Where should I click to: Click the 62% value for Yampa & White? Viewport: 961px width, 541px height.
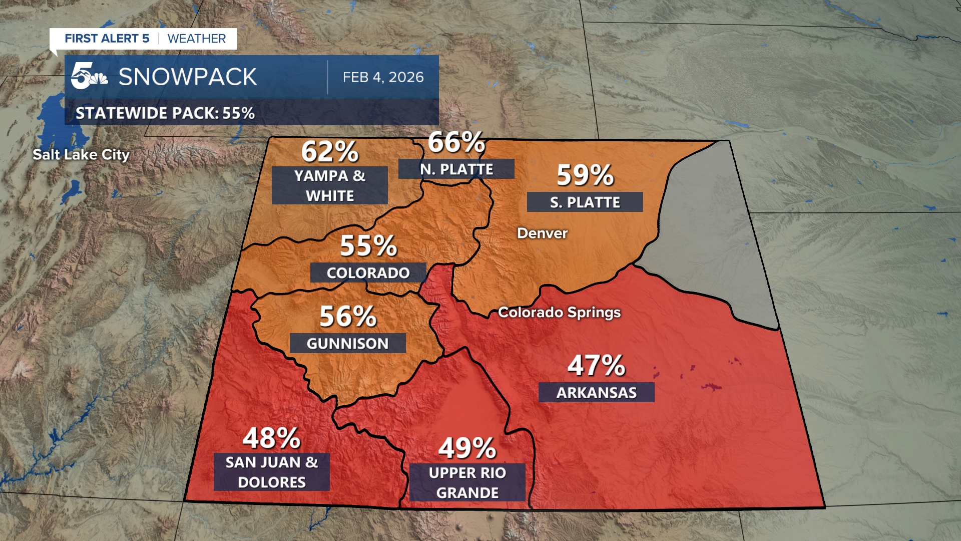click(x=330, y=151)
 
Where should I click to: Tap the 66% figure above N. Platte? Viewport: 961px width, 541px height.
click(x=456, y=142)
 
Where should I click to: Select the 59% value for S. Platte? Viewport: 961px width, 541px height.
click(x=585, y=175)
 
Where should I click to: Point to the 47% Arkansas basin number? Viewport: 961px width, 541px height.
click(x=596, y=366)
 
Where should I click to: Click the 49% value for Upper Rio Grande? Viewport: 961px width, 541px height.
click(x=467, y=448)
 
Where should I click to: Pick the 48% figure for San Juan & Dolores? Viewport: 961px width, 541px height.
click(x=271, y=438)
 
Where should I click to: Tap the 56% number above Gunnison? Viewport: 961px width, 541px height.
click(x=348, y=317)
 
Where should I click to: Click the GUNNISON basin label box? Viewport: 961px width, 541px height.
click(x=347, y=343)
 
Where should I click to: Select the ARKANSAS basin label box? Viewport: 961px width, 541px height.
click(x=596, y=392)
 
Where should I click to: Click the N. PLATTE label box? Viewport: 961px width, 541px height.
click(x=456, y=169)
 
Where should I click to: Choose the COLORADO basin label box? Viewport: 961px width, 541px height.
click(x=368, y=273)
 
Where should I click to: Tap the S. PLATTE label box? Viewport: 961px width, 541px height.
click(x=585, y=202)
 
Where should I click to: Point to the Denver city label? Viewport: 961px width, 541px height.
click(x=542, y=233)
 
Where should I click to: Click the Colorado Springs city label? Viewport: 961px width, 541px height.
click(x=559, y=313)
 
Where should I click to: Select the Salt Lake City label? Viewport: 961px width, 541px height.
click(x=81, y=155)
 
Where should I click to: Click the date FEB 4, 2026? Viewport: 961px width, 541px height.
click(x=383, y=77)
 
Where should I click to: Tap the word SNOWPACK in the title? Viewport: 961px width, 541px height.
click(x=188, y=77)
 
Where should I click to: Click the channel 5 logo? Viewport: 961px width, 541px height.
click(x=89, y=77)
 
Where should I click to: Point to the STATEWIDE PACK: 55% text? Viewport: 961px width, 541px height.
click(x=165, y=113)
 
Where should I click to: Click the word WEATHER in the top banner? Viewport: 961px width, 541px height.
click(x=197, y=39)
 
